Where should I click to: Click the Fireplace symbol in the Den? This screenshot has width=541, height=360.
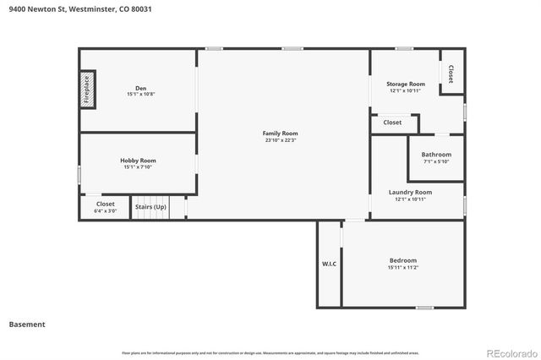86,89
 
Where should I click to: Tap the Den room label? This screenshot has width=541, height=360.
140,88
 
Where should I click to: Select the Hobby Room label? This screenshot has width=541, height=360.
138,161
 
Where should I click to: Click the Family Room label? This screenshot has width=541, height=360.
280,134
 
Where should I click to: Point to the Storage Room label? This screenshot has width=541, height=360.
406,85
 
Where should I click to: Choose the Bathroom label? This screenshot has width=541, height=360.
436,155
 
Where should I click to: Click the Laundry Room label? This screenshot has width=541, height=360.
410,192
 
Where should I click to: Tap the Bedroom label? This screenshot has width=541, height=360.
403,260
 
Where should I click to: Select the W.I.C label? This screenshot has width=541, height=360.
329,265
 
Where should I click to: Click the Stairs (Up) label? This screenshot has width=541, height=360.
150,206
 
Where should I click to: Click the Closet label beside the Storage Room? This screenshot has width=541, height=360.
451,74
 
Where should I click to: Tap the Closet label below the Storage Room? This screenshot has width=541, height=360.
392,123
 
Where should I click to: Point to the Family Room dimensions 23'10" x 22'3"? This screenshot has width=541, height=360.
280,140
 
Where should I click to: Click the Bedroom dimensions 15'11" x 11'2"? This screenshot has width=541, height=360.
403,267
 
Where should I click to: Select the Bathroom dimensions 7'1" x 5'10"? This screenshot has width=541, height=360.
436,161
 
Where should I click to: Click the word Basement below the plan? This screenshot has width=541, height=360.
27,325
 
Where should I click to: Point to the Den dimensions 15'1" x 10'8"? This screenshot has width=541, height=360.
140,94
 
